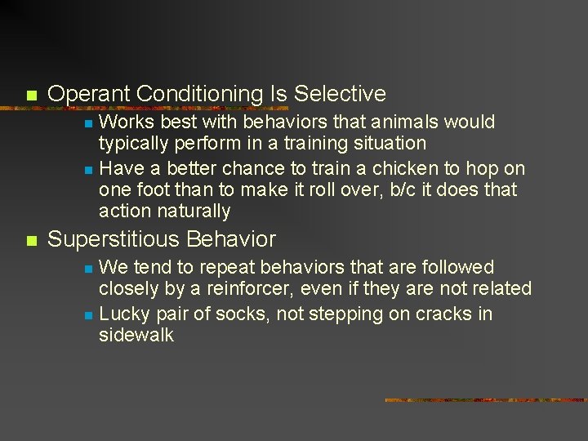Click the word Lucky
click(124, 314)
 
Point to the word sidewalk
click(136, 335)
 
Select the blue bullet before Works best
click(88, 124)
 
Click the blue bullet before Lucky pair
click(88, 315)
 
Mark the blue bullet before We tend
click(88, 269)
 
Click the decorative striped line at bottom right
click(485, 400)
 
